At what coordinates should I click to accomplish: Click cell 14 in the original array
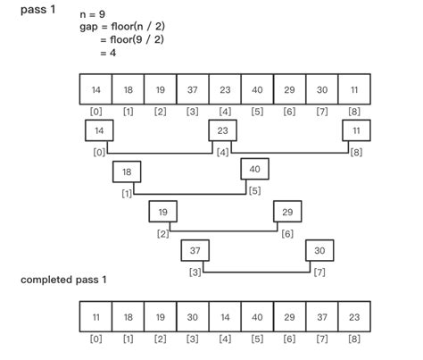pyautogui.click(x=95, y=89)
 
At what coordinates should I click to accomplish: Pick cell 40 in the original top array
pyautogui.click(x=256, y=89)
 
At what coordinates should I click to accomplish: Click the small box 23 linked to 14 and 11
pyautogui.click(x=223, y=130)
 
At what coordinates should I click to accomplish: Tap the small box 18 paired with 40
pyautogui.click(x=127, y=172)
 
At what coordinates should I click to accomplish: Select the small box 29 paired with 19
pyautogui.click(x=287, y=212)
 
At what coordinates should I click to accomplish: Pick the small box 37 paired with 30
pyautogui.click(x=195, y=250)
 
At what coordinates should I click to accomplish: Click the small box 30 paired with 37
pyautogui.click(x=319, y=250)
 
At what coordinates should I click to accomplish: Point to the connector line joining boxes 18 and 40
pyautogui.click(x=192, y=192)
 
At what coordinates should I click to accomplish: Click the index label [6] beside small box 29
pyautogui.click(x=287, y=233)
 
